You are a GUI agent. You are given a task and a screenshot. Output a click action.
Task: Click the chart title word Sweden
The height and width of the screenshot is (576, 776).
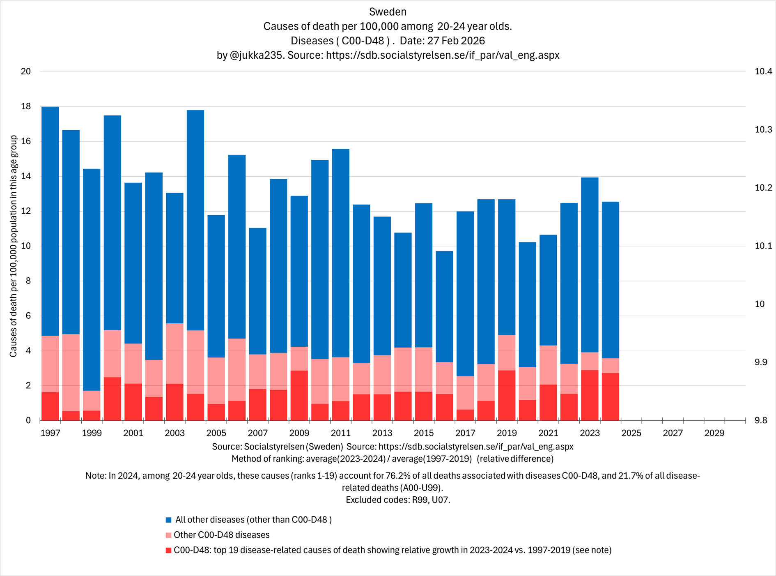click(x=388, y=12)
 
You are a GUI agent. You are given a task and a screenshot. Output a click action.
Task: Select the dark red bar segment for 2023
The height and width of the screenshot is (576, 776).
click(x=590, y=395)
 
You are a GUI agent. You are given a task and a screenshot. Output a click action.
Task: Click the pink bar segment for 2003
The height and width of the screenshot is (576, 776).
click(x=175, y=353)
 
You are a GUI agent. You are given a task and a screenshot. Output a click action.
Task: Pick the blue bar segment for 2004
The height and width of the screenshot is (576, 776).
click(x=195, y=220)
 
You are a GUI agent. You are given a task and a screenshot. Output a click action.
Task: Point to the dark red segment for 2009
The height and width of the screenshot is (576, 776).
click(x=299, y=395)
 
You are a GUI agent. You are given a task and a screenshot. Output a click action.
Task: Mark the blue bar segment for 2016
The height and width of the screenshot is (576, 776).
click(x=444, y=306)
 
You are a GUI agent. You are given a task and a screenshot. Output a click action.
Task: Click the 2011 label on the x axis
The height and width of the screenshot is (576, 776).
click(x=340, y=433)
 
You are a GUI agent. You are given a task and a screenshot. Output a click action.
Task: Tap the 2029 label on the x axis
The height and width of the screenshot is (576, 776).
click(x=714, y=433)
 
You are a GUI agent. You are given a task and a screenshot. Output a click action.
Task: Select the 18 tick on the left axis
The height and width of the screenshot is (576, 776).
click(x=26, y=106)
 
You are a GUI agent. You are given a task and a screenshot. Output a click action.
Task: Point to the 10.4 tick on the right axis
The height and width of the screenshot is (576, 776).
click(x=763, y=71)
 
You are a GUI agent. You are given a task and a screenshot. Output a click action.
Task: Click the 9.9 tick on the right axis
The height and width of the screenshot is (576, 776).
click(x=763, y=362)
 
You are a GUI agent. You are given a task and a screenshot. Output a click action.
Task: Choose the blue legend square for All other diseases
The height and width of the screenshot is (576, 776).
click(x=168, y=520)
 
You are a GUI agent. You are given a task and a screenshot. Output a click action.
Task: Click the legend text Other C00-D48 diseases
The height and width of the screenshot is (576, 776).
click(x=222, y=535)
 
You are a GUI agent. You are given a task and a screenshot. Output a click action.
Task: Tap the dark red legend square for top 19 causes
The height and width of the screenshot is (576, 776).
click(x=168, y=550)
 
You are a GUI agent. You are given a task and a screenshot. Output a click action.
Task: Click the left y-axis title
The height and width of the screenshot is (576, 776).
click(x=14, y=246)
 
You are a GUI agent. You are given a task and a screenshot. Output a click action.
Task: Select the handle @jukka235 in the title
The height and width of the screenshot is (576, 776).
click(x=256, y=55)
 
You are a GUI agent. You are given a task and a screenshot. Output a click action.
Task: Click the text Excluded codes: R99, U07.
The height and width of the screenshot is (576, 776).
click(x=398, y=500)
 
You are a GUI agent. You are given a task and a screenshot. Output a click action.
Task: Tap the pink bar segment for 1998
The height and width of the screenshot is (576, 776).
click(x=71, y=372)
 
